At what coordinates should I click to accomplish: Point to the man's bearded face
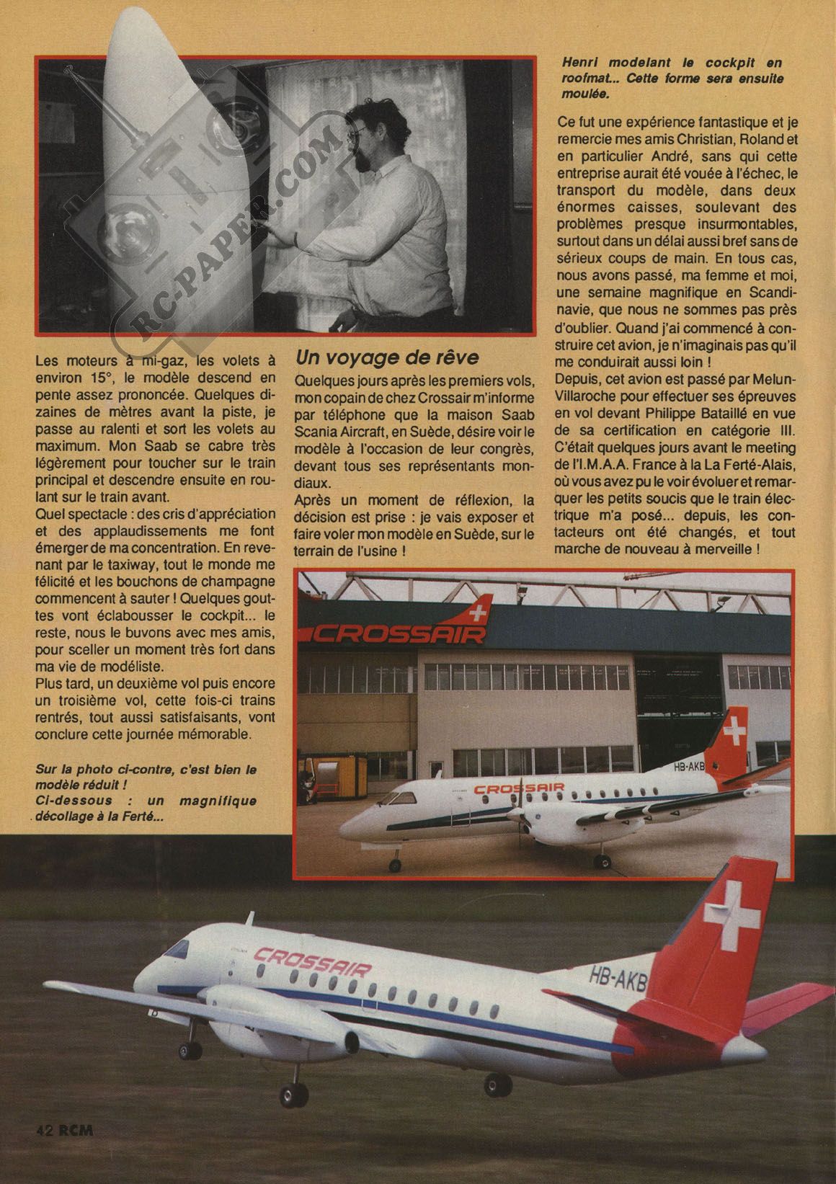(x=360, y=148)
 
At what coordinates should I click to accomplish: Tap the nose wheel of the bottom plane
(x=189, y=1054)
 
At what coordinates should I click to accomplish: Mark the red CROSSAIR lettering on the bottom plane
(x=313, y=963)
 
